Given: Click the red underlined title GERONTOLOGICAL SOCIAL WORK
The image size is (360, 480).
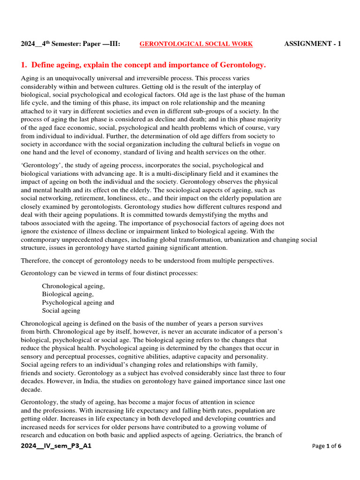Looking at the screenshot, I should pos(196,44).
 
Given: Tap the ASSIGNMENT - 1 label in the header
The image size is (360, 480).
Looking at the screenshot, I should pos(313,44).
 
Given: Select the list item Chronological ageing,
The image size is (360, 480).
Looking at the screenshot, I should pos(74,285).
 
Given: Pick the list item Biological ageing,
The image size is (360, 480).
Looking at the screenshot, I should pos(68,294).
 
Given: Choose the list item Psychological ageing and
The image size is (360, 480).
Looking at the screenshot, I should pos(78,302).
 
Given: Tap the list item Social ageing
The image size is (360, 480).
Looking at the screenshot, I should pos(61,310).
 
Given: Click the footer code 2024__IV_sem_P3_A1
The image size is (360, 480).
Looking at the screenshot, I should pos(56,446).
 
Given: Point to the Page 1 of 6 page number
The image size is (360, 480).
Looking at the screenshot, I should pos(327,446).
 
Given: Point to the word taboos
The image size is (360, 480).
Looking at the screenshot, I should pos(31,223).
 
